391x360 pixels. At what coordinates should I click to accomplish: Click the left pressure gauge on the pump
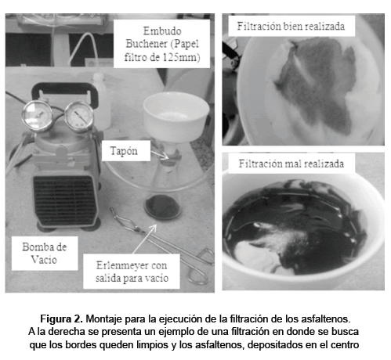(37, 115)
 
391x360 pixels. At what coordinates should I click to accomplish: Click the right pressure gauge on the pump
(79, 116)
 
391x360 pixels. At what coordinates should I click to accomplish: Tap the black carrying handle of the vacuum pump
(65, 92)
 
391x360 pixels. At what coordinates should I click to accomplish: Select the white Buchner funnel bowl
(176, 116)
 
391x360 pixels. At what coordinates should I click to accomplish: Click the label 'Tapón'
(124, 151)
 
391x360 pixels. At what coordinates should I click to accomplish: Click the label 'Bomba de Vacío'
(45, 253)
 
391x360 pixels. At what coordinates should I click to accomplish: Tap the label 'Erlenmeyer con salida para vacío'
(132, 272)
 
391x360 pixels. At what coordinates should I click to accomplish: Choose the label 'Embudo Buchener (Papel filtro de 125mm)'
(162, 44)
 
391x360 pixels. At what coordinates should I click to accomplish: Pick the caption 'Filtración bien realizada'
(291, 26)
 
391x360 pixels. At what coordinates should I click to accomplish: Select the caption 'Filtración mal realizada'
(291, 164)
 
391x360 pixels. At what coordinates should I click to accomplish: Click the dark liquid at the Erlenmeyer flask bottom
(163, 207)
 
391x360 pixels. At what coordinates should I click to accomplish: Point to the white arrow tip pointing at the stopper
(168, 159)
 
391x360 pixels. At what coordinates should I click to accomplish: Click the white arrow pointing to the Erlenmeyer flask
(144, 239)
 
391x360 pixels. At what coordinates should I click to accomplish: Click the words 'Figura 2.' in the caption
(62, 319)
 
